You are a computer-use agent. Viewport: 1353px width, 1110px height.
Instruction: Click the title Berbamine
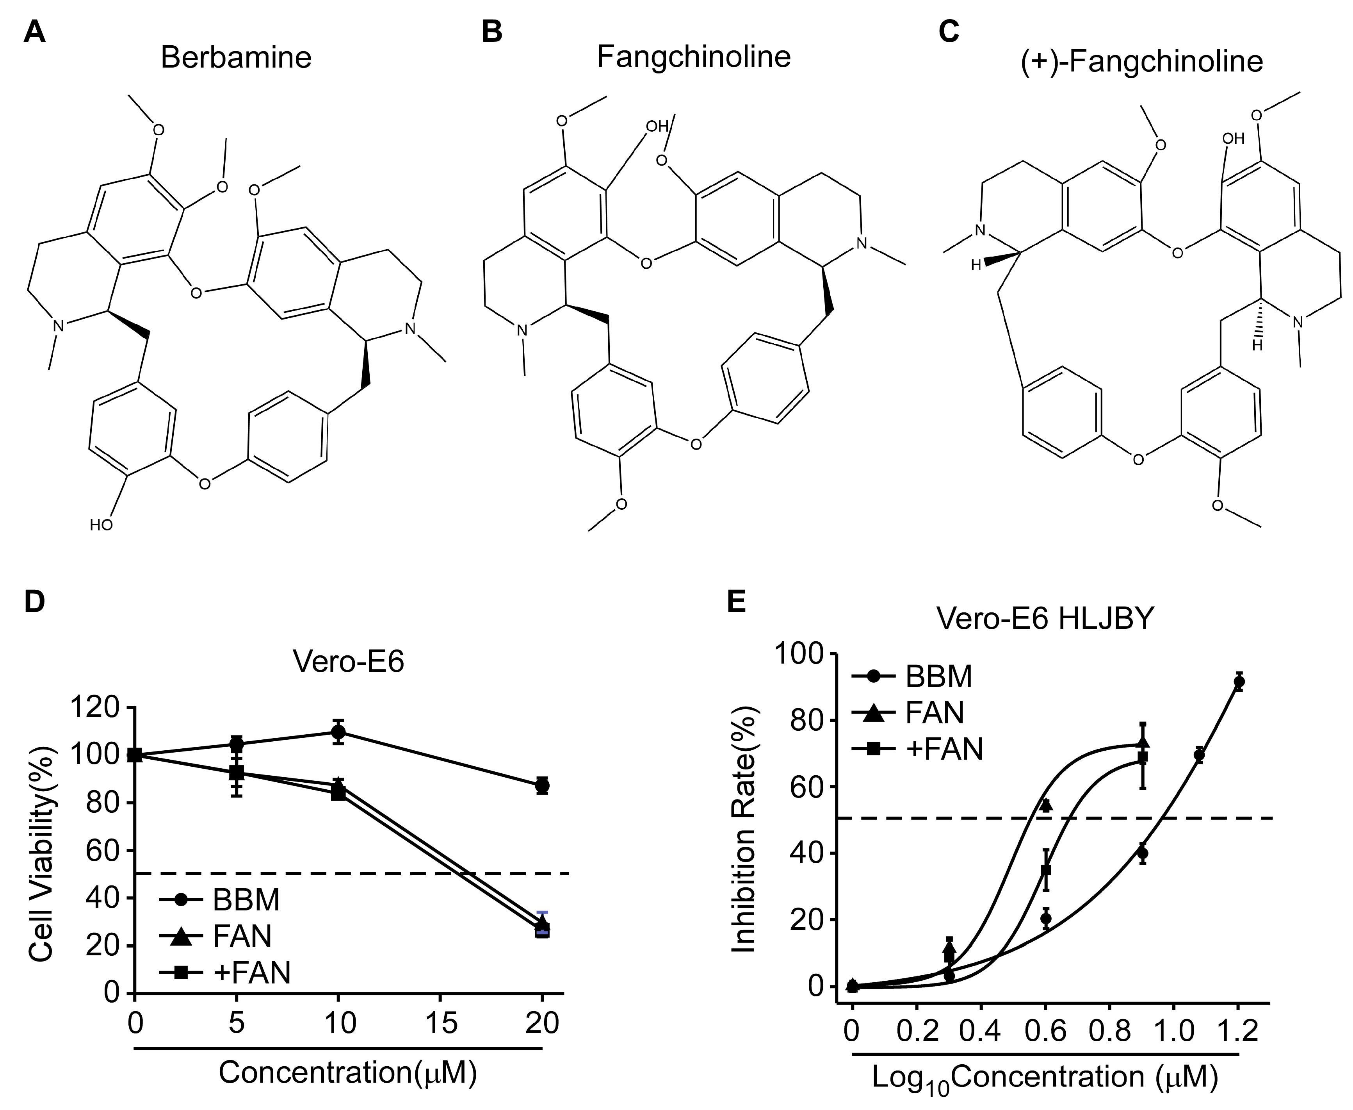[x=236, y=57]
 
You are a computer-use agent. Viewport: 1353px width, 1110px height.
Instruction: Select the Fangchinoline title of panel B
[x=693, y=56]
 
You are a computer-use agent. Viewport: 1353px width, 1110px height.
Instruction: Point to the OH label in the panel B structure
[x=656, y=126]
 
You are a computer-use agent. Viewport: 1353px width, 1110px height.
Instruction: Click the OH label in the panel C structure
[x=1233, y=138]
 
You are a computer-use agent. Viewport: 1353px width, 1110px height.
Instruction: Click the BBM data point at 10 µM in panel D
[x=338, y=732]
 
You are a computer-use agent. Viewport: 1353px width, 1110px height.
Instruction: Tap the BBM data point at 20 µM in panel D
[x=542, y=785]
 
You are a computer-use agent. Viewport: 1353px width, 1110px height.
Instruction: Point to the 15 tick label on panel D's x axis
[x=440, y=1023]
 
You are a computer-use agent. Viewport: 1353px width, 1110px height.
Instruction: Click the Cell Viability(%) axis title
[x=42, y=854]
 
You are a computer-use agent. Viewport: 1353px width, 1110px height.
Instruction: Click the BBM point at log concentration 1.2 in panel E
[x=1239, y=682]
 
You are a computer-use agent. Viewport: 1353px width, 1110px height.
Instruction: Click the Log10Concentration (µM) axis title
[x=1045, y=1077]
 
